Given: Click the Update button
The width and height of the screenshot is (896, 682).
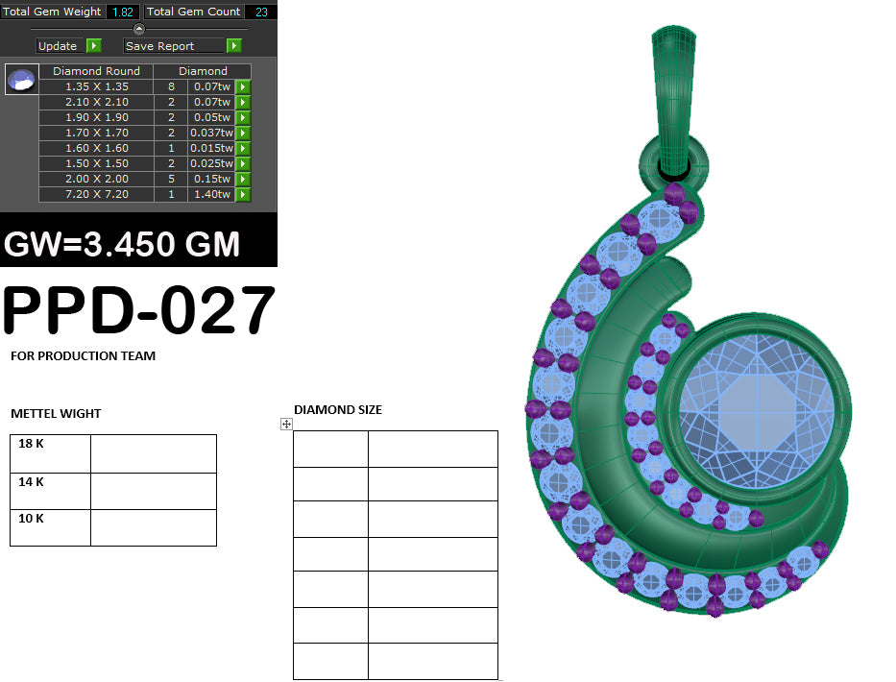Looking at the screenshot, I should [x=58, y=46].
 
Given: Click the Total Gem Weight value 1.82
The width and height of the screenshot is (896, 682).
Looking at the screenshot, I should [x=123, y=12].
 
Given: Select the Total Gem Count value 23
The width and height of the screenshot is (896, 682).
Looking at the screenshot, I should [x=260, y=12].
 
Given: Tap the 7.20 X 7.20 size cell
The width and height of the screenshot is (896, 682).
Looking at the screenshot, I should [x=96, y=194].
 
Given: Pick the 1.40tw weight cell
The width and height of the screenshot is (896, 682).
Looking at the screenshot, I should [x=211, y=194].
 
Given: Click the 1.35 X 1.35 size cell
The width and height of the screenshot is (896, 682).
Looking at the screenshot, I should [x=96, y=86].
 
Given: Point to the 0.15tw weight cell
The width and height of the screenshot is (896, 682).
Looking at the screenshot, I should [x=211, y=179].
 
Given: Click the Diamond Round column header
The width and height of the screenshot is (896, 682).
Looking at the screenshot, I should [x=96, y=71].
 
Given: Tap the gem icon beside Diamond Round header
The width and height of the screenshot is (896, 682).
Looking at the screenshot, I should [x=21, y=80].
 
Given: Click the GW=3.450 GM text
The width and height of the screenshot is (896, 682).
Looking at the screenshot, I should [x=122, y=244].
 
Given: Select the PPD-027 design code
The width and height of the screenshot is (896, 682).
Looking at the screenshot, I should [x=139, y=310].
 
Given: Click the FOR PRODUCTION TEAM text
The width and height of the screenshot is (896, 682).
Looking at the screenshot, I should [x=83, y=356].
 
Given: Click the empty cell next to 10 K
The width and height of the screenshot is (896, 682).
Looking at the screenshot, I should [x=153, y=527].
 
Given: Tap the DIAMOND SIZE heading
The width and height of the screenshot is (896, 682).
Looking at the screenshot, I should [x=337, y=410].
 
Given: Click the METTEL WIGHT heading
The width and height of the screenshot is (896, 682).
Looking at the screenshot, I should [x=56, y=414].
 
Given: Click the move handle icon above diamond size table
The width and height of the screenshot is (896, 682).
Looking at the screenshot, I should [x=286, y=424].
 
